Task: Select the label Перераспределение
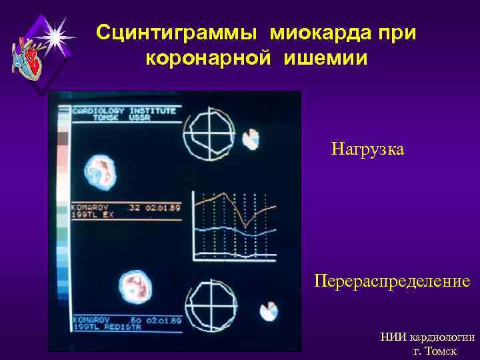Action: pyautogui.click(x=392, y=281)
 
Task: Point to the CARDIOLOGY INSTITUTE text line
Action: pyautogui.click(x=124, y=109)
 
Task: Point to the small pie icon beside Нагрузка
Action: pyautogui.click(x=251, y=139)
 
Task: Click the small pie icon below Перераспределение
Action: pyautogui.click(x=270, y=311)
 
